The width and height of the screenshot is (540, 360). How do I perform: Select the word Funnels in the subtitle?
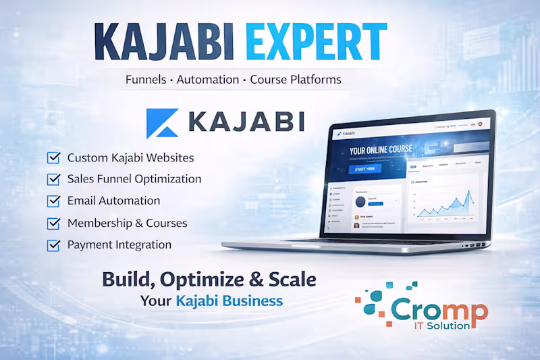(x=148, y=80)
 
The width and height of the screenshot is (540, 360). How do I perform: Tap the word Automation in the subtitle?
(x=208, y=80)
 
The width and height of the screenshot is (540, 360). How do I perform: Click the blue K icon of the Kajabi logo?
(x=162, y=122)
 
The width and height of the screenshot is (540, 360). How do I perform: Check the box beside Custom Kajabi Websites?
(x=53, y=158)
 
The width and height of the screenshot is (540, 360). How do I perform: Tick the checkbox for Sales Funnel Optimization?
(x=53, y=180)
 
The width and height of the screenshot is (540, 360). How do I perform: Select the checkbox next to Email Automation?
(x=53, y=201)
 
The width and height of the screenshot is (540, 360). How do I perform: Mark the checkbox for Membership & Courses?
(x=53, y=224)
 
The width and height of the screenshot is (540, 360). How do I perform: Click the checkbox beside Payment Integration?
(x=53, y=245)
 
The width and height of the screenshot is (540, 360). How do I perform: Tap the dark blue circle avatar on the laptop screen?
(x=360, y=201)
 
